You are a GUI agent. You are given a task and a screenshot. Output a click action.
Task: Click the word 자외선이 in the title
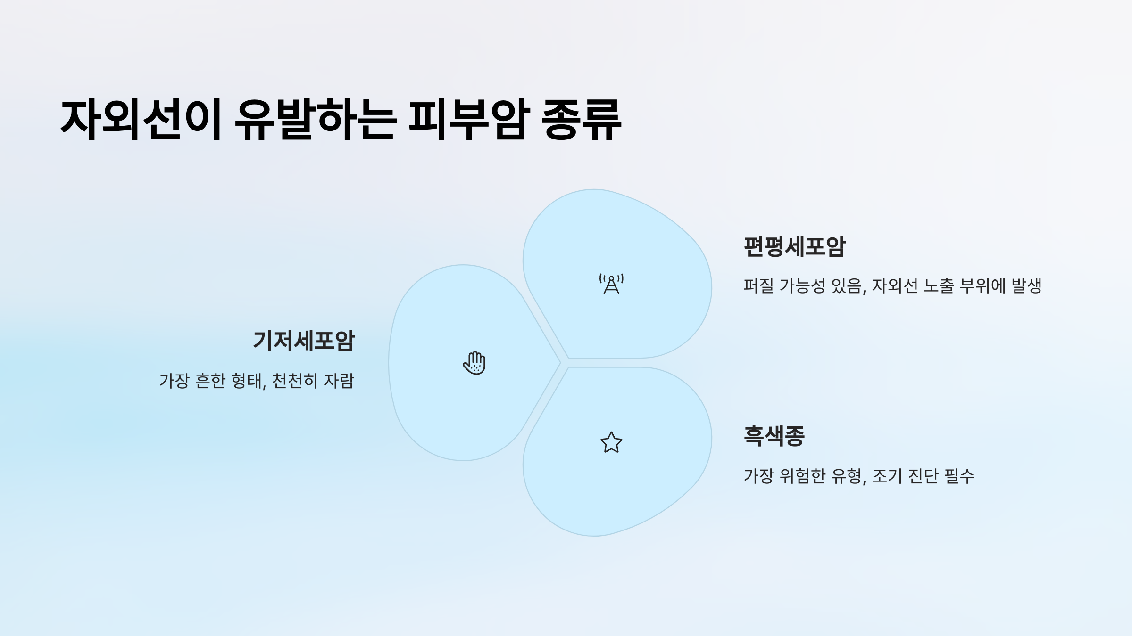click(x=141, y=120)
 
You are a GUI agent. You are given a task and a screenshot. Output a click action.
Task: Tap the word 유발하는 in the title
click(x=315, y=120)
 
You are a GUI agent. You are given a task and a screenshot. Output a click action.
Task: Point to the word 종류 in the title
click(x=581, y=120)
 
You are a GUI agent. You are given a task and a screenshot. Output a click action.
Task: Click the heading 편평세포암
click(x=795, y=247)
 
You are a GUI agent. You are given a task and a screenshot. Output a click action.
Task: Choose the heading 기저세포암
click(x=304, y=341)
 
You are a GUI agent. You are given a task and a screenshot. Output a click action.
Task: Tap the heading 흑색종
click(x=774, y=436)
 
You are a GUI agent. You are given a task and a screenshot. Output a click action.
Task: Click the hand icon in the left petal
click(x=474, y=363)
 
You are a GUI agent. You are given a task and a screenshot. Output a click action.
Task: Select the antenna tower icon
click(x=611, y=284)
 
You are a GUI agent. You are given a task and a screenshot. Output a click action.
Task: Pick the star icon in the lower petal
click(x=611, y=443)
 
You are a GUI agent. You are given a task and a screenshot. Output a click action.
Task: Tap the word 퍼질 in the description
click(x=758, y=285)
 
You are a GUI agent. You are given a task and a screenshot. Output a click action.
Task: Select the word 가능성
click(x=802, y=285)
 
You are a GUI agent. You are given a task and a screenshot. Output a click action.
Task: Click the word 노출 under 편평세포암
click(x=939, y=285)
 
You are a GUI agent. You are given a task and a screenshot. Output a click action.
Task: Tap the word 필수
click(x=960, y=476)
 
